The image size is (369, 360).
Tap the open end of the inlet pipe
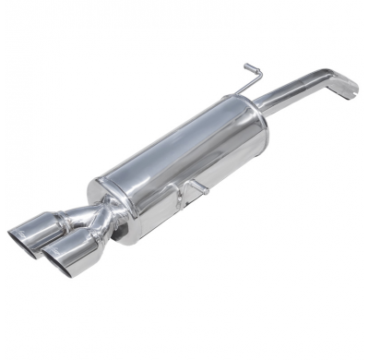[x=351, y=90]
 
